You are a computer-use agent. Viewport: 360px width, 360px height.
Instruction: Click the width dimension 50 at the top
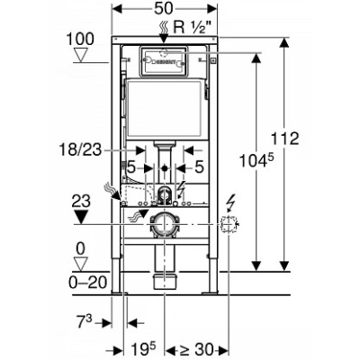click(x=164, y=8)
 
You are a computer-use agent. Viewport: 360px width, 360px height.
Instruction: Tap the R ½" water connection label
click(x=195, y=27)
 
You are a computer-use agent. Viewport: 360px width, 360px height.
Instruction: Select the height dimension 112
click(x=284, y=139)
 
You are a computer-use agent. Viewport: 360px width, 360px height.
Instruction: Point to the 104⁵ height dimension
click(x=257, y=161)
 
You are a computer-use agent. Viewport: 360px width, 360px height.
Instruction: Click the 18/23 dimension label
click(x=80, y=149)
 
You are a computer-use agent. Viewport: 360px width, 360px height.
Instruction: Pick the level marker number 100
click(x=80, y=40)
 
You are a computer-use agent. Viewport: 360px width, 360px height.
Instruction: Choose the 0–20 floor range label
click(x=88, y=283)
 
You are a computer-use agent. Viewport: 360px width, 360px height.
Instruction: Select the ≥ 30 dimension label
click(x=195, y=349)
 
